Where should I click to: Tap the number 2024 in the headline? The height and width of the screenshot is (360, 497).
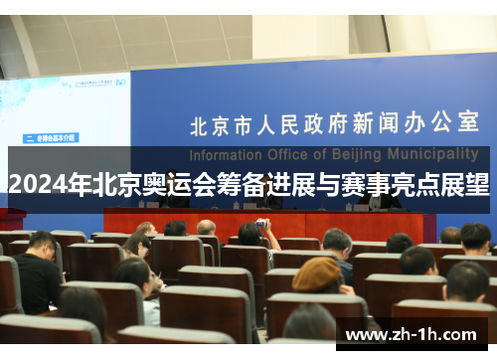[x=33, y=184]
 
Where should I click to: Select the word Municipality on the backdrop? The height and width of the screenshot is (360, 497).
[x=428, y=155]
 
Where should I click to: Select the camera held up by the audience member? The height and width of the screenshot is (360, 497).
[x=260, y=224]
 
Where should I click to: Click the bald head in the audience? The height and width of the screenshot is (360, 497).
[x=206, y=228]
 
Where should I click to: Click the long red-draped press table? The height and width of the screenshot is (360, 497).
[x=268, y=224]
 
